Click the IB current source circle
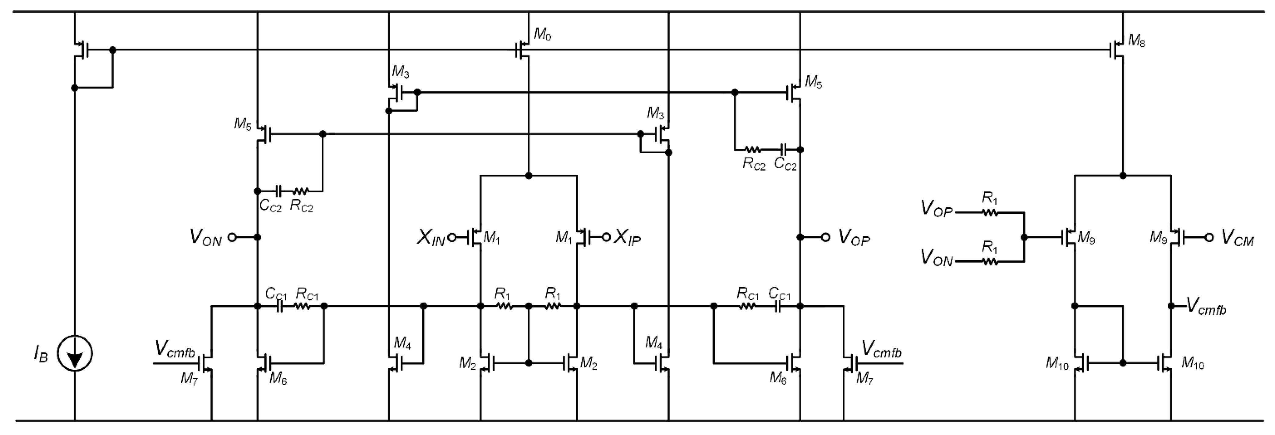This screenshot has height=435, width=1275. [x=75, y=354]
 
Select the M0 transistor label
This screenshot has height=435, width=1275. [x=543, y=34]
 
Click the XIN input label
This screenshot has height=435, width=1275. [x=430, y=238]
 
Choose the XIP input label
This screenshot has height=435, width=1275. [x=627, y=238]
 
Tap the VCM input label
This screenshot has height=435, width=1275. [x=1238, y=238]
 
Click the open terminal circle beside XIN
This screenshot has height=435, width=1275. [x=452, y=238]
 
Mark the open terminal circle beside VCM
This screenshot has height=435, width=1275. [x=1209, y=237]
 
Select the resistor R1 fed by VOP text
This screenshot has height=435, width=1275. [x=990, y=212]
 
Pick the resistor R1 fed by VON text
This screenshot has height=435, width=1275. [x=990, y=261]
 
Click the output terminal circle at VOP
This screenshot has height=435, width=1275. [x=825, y=237]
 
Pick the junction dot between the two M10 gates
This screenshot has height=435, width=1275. [x=1123, y=363]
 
